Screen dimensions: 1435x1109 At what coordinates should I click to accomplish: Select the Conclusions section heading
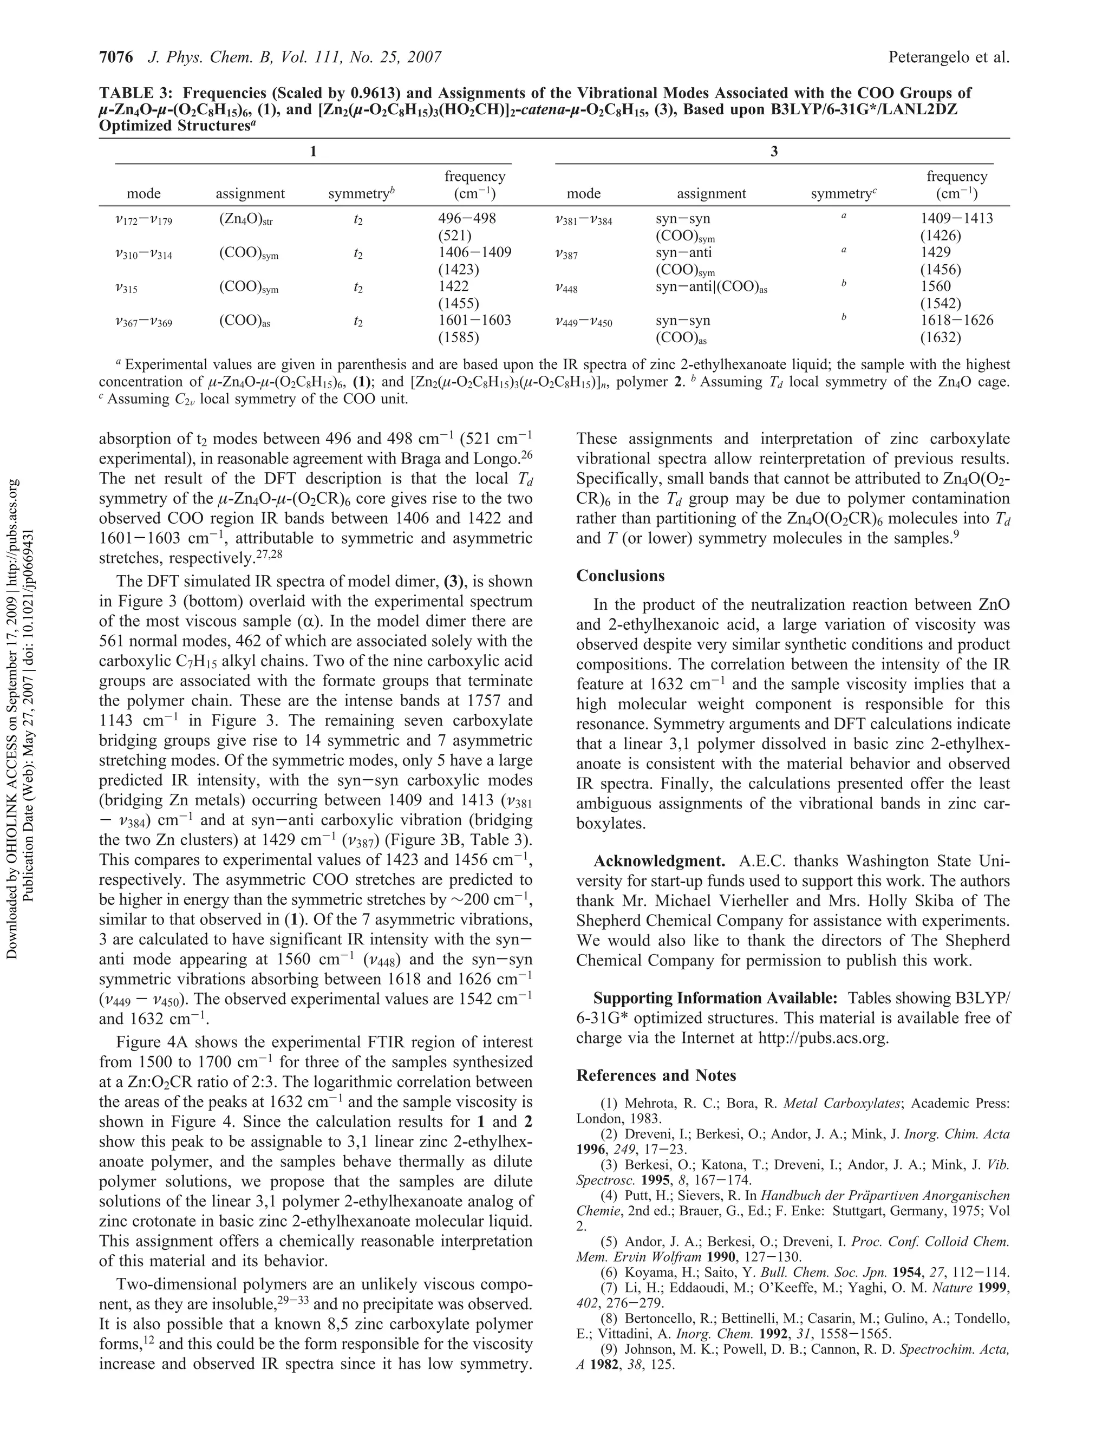(620, 576)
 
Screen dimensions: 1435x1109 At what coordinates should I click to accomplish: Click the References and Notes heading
(656, 1075)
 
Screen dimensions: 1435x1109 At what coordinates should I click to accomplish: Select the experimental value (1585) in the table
(459, 338)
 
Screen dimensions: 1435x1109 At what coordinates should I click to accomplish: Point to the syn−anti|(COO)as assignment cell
(711, 287)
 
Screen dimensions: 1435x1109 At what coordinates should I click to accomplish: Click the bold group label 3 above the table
(774, 152)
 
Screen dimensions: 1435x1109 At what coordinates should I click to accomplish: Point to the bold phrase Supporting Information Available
(715, 999)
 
